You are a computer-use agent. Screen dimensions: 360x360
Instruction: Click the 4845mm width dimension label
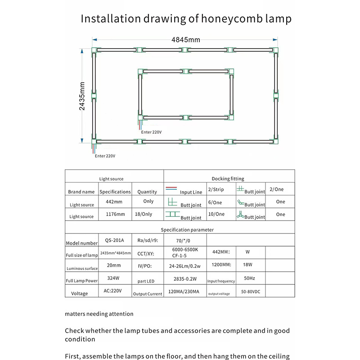pos(185,40)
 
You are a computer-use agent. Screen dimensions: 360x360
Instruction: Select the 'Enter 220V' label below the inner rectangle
pos(151,132)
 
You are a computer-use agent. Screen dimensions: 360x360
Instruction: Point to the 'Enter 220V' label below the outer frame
pos(105,156)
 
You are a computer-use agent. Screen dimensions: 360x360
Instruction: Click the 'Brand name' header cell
pos(81,192)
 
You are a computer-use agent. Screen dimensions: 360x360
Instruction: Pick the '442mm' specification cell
pos(114,202)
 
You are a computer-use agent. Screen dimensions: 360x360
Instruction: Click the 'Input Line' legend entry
pos(191,192)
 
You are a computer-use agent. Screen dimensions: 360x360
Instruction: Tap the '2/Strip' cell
pos(216,190)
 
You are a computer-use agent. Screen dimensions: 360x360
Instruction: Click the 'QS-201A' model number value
pos(114,240)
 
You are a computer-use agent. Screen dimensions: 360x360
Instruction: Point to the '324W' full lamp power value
pos(114,279)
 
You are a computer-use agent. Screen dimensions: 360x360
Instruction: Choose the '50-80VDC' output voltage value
pos(250,292)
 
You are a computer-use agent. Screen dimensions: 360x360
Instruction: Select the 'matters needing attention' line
pos(99,314)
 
